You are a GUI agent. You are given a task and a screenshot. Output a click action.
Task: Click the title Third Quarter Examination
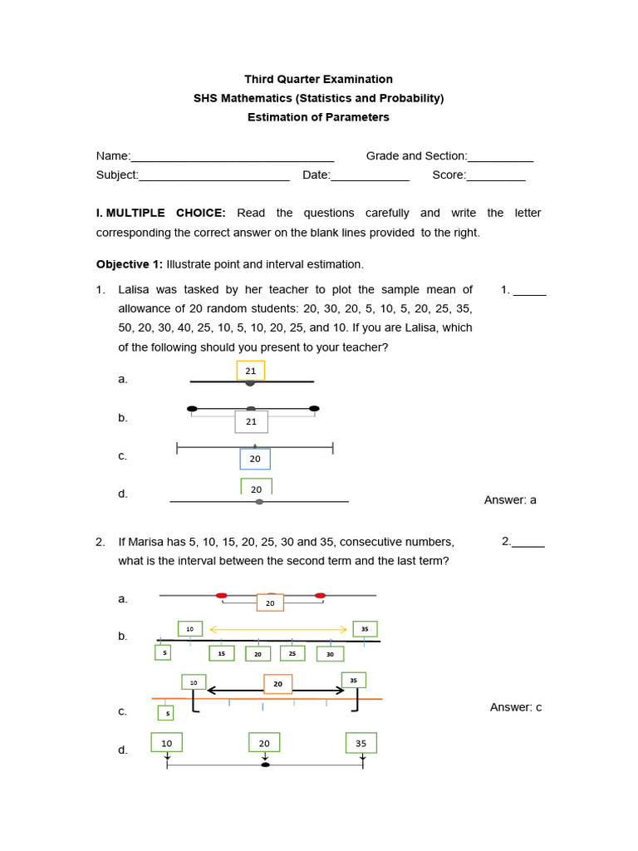[x=318, y=79]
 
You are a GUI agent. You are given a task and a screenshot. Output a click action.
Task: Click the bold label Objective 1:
[x=130, y=264]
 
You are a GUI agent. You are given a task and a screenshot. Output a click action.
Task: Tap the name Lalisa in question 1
[x=135, y=290]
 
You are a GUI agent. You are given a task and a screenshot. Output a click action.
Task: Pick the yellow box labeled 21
[x=250, y=371]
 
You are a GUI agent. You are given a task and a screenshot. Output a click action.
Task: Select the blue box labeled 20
[x=255, y=459]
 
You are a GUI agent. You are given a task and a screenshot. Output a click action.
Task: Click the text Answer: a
[x=510, y=499]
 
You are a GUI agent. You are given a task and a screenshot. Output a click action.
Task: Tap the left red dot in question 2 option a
[x=221, y=596]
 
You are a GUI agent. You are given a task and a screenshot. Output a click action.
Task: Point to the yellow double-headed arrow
[x=277, y=630]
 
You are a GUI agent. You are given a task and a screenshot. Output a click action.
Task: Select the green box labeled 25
[x=292, y=654]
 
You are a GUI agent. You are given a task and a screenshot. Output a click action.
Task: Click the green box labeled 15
[x=221, y=654]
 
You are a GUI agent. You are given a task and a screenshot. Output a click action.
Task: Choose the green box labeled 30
[x=330, y=654]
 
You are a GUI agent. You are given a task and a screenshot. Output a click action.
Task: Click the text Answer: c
[x=515, y=707]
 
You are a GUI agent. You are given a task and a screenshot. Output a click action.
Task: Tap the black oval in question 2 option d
[x=265, y=765]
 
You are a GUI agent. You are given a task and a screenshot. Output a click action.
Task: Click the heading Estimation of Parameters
[x=318, y=117]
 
